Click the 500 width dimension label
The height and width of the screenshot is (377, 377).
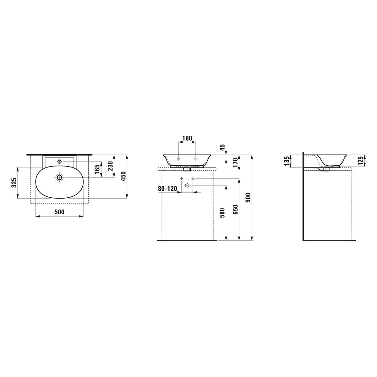click(59, 212)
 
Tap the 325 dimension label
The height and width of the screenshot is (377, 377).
click(14, 183)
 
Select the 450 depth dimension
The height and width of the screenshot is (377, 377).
click(123, 176)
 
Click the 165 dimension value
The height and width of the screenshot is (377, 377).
click(97, 169)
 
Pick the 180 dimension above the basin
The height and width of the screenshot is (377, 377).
click(187, 138)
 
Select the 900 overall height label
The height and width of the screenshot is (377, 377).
click(248, 198)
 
